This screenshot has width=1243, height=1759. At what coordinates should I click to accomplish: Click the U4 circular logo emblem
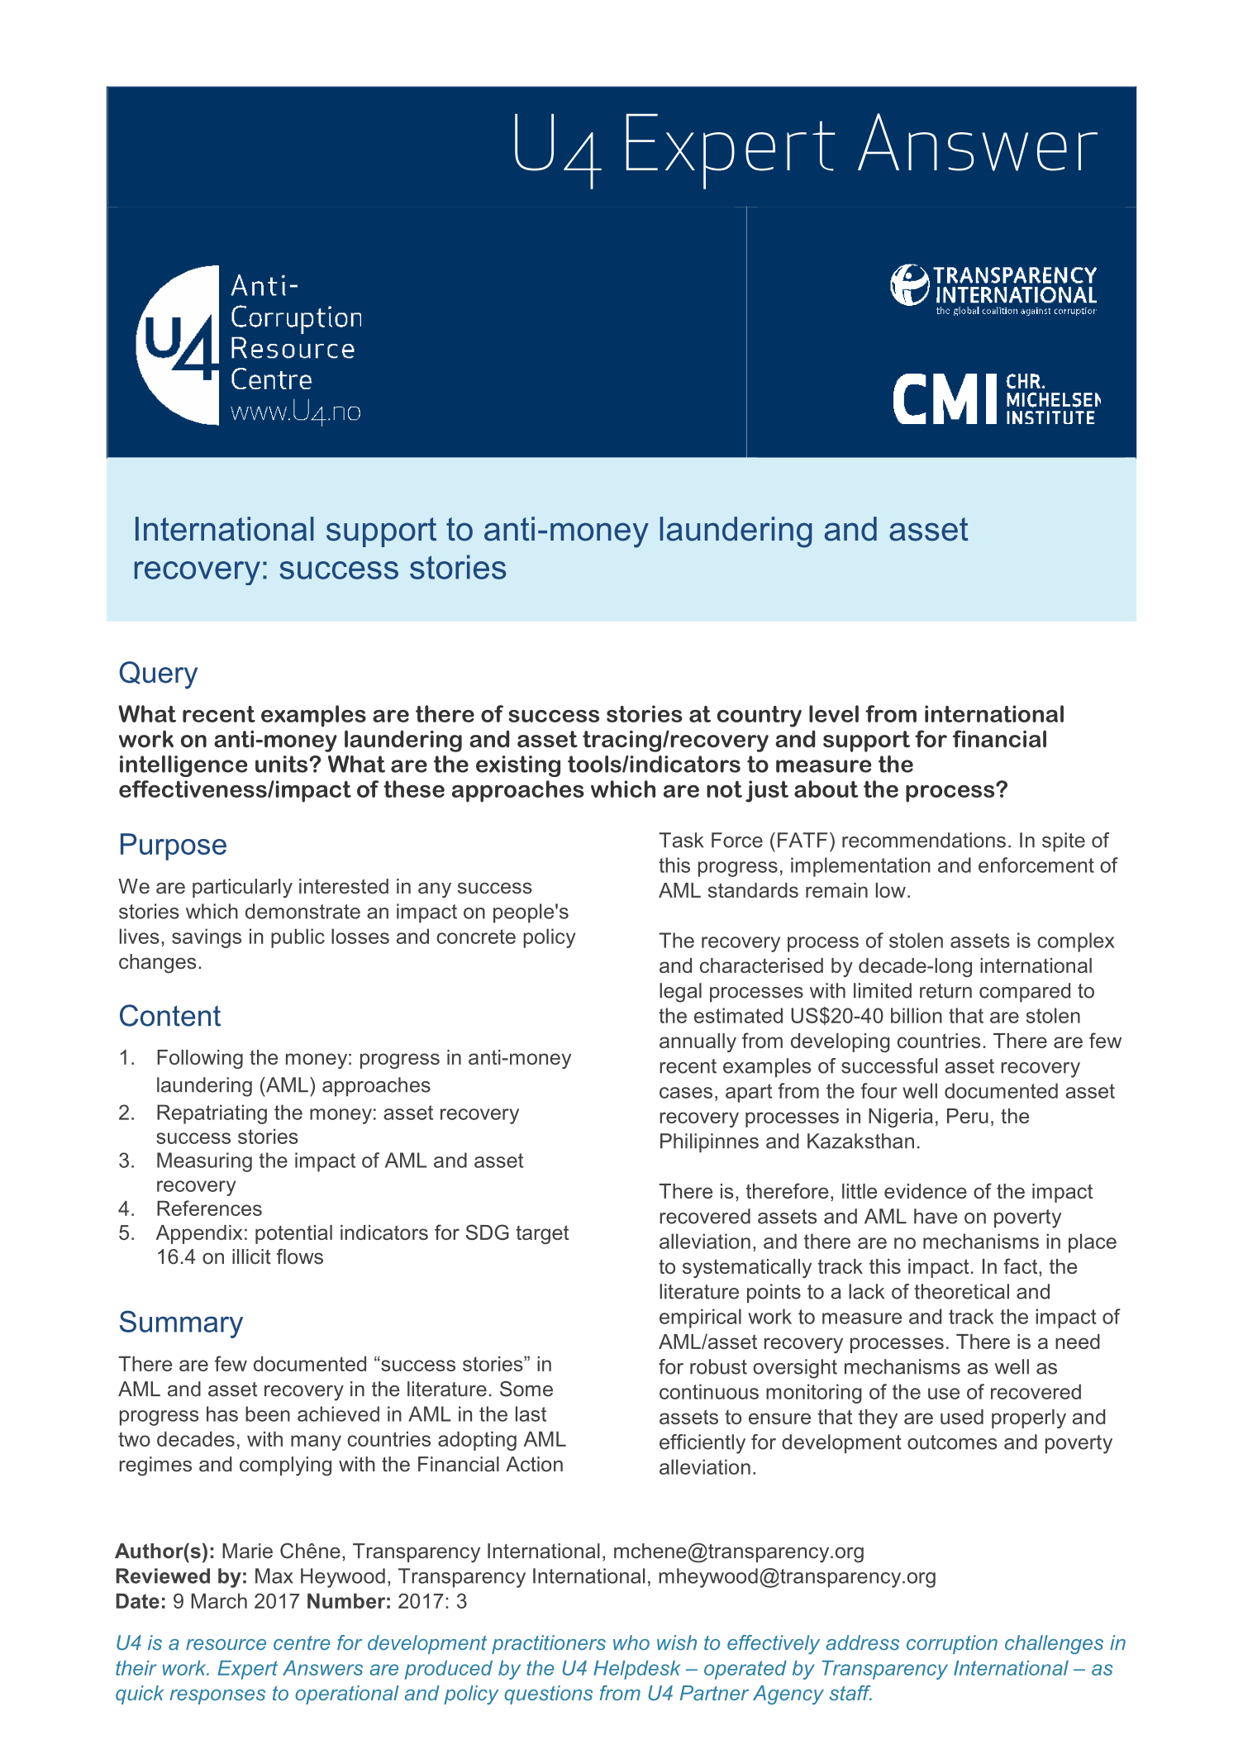click(x=178, y=346)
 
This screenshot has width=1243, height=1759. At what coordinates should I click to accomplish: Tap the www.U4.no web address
click(x=295, y=412)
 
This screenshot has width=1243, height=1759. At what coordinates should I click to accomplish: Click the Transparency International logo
click(x=993, y=288)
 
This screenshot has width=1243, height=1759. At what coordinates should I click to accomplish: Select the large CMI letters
click(x=945, y=399)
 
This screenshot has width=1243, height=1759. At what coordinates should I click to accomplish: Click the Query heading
click(x=158, y=673)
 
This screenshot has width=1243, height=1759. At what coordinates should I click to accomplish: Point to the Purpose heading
click(x=173, y=845)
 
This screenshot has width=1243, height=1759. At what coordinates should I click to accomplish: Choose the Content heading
click(x=169, y=1016)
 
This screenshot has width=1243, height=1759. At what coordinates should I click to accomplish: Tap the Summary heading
click(x=181, y=1322)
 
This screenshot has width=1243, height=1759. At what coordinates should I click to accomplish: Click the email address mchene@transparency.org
click(x=738, y=1552)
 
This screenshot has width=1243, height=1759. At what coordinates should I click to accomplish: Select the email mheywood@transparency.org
click(x=796, y=1576)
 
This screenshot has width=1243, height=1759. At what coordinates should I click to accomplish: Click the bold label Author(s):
click(x=164, y=1552)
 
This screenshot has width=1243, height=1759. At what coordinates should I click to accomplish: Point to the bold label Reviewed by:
click(x=181, y=1576)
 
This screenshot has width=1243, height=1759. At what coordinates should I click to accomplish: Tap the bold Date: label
click(x=140, y=1601)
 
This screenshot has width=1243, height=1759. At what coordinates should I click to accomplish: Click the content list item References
click(x=209, y=1208)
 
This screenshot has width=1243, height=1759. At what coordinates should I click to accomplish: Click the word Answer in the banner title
click(x=978, y=146)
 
